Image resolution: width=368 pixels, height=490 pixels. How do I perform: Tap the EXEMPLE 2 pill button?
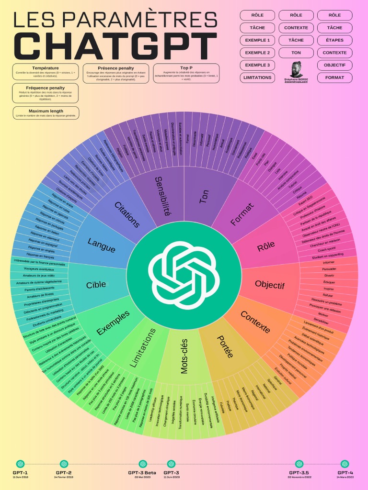[x=257, y=53]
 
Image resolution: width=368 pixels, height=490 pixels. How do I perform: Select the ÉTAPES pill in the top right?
[x=334, y=40]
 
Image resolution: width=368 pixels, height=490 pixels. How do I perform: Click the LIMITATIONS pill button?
[x=257, y=78]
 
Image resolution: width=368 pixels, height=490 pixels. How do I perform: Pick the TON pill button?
[x=296, y=53]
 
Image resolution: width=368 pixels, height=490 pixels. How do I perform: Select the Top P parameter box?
[x=186, y=73]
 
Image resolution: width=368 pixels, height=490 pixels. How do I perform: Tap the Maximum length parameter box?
[x=46, y=113]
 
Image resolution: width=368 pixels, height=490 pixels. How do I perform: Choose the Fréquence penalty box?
[x=46, y=93]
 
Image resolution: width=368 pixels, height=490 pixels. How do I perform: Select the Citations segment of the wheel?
[x=127, y=214]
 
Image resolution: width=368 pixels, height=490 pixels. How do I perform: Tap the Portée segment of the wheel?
[x=224, y=346]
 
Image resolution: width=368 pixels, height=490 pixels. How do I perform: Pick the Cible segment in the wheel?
[x=96, y=285]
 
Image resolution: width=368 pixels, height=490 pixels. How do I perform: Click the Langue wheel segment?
[x=102, y=245]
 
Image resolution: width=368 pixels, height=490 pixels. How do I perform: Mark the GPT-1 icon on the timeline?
[x=20, y=464]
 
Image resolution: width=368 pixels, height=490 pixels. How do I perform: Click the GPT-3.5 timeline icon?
[x=299, y=464]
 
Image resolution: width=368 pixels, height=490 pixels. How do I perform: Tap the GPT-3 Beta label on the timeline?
[x=142, y=473]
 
